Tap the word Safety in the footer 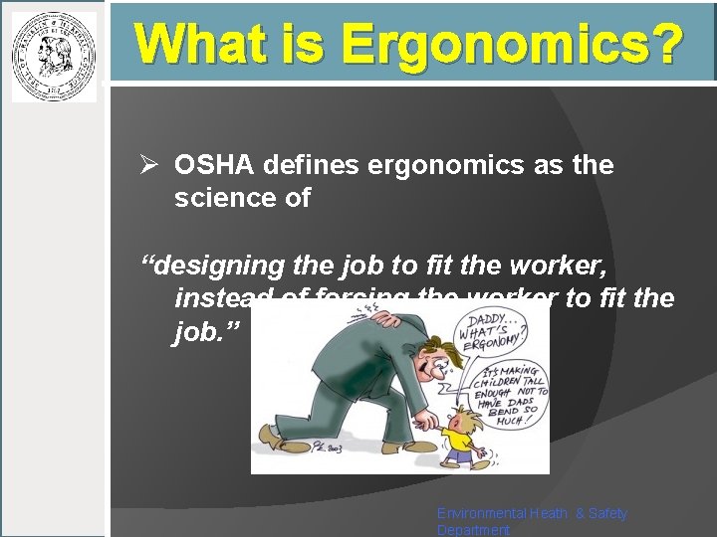tap(608, 513)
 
